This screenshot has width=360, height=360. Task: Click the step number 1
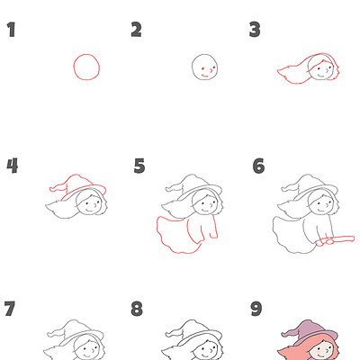[x=11, y=31]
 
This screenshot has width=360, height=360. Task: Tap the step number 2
[x=136, y=31]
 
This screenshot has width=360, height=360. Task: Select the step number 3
[x=255, y=31]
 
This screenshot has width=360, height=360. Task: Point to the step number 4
[x=11, y=166]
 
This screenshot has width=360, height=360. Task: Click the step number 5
[x=139, y=166]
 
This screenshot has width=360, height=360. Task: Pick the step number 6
[x=258, y=166]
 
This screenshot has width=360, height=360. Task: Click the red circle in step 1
[x=86, y=67]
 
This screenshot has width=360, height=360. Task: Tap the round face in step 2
[x=205, y=67]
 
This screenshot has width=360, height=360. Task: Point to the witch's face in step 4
[x=89, y=206]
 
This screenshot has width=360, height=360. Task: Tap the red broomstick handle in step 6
[x=335, y=240]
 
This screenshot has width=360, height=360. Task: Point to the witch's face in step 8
[x=206, y=349]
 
